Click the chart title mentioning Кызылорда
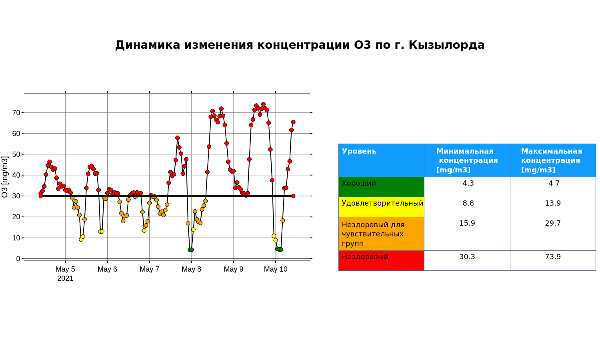click(300, 45)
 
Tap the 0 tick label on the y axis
click(18, 259)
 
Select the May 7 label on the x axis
click(150, 269)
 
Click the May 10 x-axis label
click(276, 269)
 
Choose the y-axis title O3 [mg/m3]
click(5, 177)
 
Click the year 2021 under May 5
click(65, 278)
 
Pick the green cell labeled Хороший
click(381, 187)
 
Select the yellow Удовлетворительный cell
click(381, 207)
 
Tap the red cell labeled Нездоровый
click(381, 261)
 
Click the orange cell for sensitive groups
click(381, 234)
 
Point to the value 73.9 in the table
click(553, 257)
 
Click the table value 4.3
click(468, 183)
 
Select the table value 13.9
click(553, 203)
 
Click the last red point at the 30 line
click(293, 196)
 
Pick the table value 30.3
click(467, 257)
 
